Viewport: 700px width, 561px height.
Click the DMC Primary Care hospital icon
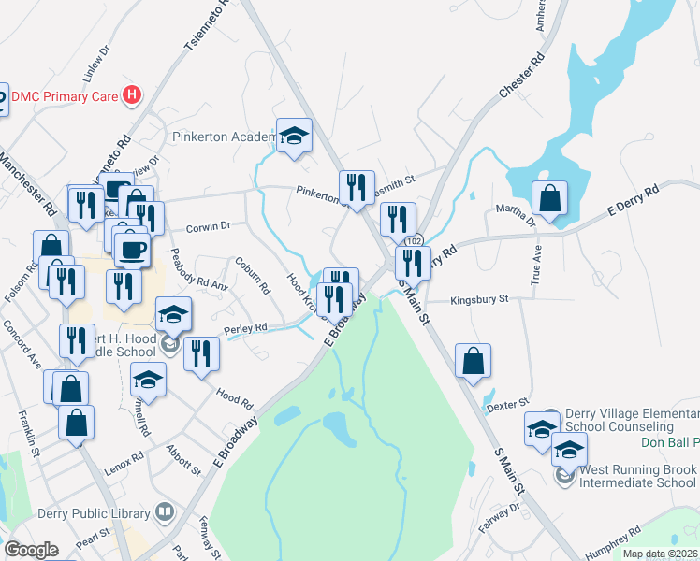point(133,94)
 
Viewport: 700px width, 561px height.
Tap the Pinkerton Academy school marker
point(294,137)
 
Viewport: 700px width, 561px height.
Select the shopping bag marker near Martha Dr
point(549,200)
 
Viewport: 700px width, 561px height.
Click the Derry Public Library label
point(95,512)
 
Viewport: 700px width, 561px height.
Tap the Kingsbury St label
point(478,300)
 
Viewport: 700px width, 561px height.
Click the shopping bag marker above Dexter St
point(474,363)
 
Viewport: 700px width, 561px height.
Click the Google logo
point(31,550)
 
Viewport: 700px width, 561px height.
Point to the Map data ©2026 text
point(661,554)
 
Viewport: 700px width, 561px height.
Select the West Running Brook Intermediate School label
point(637,476)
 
